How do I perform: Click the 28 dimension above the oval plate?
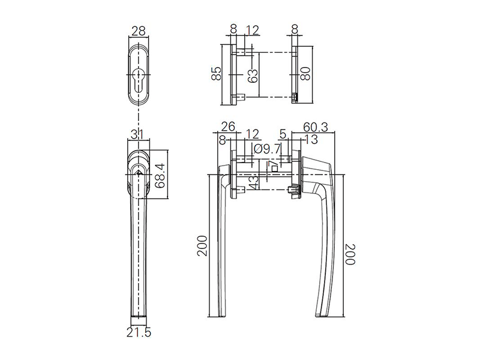(x=139, y=29)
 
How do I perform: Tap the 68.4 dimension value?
(x=160, y=175)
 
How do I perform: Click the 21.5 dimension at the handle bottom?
(x=139, y=332)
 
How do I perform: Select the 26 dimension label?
(x=228, y=127)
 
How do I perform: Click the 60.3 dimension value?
(x=316, y=127)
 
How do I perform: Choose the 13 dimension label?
(x=311, y=140)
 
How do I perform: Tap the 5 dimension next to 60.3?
(x=283, y=133)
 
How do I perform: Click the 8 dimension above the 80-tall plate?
(x=295, y=29)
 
